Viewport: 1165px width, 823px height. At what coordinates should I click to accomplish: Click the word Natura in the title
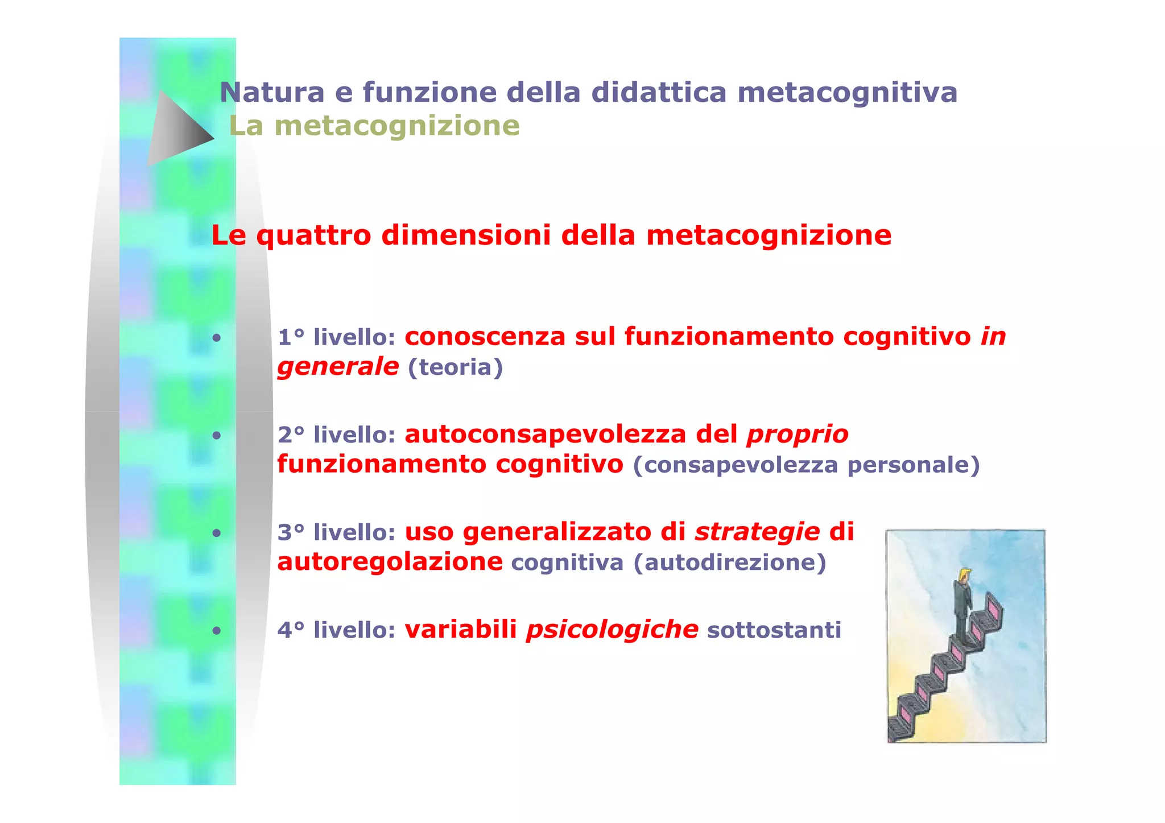coord(272,92)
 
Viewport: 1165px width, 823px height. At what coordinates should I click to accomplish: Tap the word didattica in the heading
coord(659,92)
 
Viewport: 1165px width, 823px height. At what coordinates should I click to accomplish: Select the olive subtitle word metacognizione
coord(397,126)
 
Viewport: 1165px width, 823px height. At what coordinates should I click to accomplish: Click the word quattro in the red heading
coord(313,235)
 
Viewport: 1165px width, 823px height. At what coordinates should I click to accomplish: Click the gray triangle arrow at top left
coord(177,129)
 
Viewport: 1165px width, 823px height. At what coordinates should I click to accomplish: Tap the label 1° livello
coord(336,337)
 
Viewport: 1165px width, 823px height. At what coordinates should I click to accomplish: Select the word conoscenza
coord(485,337)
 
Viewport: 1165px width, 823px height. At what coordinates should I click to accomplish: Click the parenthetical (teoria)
coord(456,367)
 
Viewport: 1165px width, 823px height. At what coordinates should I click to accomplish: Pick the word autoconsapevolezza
coord(546,435)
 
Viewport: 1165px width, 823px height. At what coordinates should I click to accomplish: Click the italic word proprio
coord(798,435)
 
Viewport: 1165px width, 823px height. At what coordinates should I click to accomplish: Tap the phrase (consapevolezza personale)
coord(807,465)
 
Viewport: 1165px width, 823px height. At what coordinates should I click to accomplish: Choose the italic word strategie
coord(757,532)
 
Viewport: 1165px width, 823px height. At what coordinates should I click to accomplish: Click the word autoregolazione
coord(390,563)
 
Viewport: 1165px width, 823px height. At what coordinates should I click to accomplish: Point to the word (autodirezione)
coord(730,563)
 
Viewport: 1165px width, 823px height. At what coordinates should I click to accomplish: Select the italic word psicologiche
coord(612,630)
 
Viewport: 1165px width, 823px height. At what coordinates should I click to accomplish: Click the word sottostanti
coord(774,631)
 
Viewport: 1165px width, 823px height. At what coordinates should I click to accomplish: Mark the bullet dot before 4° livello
coord(216,631)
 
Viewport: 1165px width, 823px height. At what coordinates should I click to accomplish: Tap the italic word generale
coord(338,367)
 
